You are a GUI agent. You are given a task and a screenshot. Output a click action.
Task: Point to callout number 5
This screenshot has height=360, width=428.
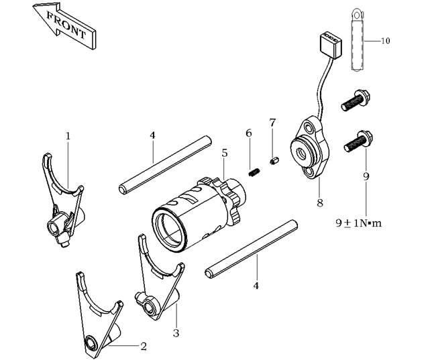pos(224,153)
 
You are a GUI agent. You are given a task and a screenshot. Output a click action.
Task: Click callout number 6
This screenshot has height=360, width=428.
pos(249,133)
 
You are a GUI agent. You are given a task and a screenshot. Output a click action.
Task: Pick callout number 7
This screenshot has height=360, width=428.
pos(272,123)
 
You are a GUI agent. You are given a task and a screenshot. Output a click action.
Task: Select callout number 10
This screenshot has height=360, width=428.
pos(385,41)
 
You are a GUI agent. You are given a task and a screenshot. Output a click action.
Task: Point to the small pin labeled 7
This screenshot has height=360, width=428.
pos(274,160)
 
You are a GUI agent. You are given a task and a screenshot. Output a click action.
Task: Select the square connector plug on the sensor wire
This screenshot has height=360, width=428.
pos(328,44)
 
